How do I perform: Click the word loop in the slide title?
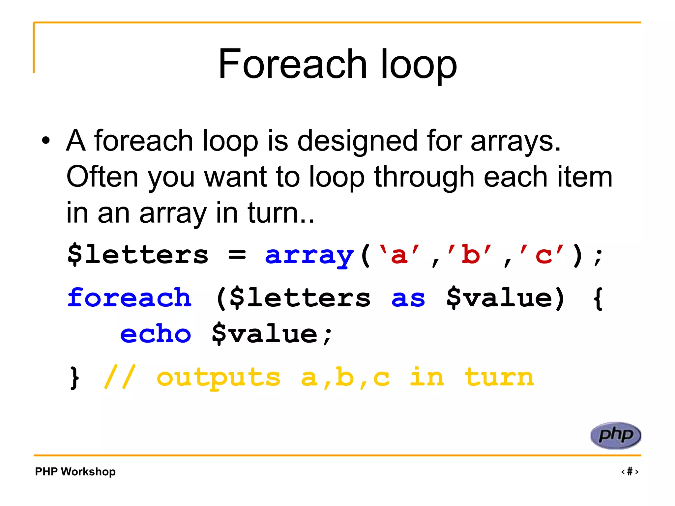(419, 64)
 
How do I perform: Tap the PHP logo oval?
(615, 436)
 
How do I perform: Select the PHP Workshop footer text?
(75, 471)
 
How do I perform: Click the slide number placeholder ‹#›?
(630, 471)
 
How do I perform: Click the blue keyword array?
(309, 255)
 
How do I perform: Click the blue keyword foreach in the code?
(129, 298)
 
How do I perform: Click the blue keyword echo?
(156, 334)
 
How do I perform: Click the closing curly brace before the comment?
(75, 378)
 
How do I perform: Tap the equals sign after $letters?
(237, 255)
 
